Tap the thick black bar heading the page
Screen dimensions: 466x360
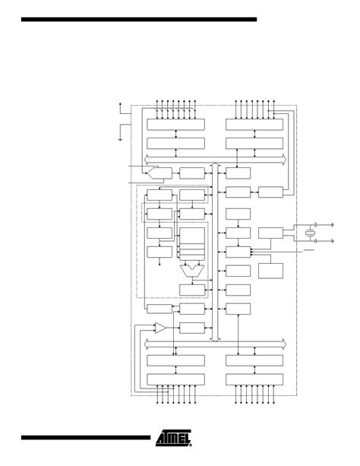(139, 17)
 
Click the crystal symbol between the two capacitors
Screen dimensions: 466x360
(310, 233)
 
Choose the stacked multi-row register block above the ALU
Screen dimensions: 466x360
(191, 243)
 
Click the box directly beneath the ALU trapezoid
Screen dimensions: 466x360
(192, 290)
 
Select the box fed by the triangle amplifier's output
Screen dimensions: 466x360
(192, 328)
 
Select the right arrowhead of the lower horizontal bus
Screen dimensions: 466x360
(284, 344)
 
